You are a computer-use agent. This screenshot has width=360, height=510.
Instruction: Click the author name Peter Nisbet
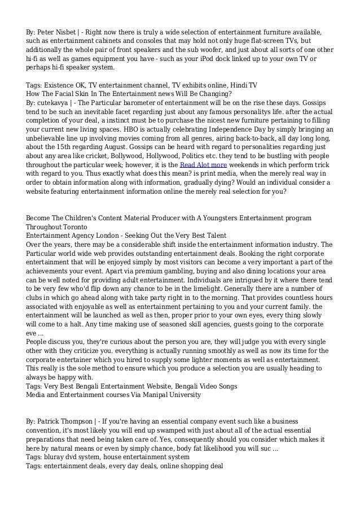(58, 30)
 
